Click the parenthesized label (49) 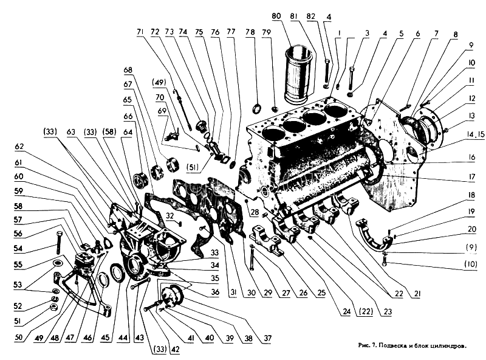159,82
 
